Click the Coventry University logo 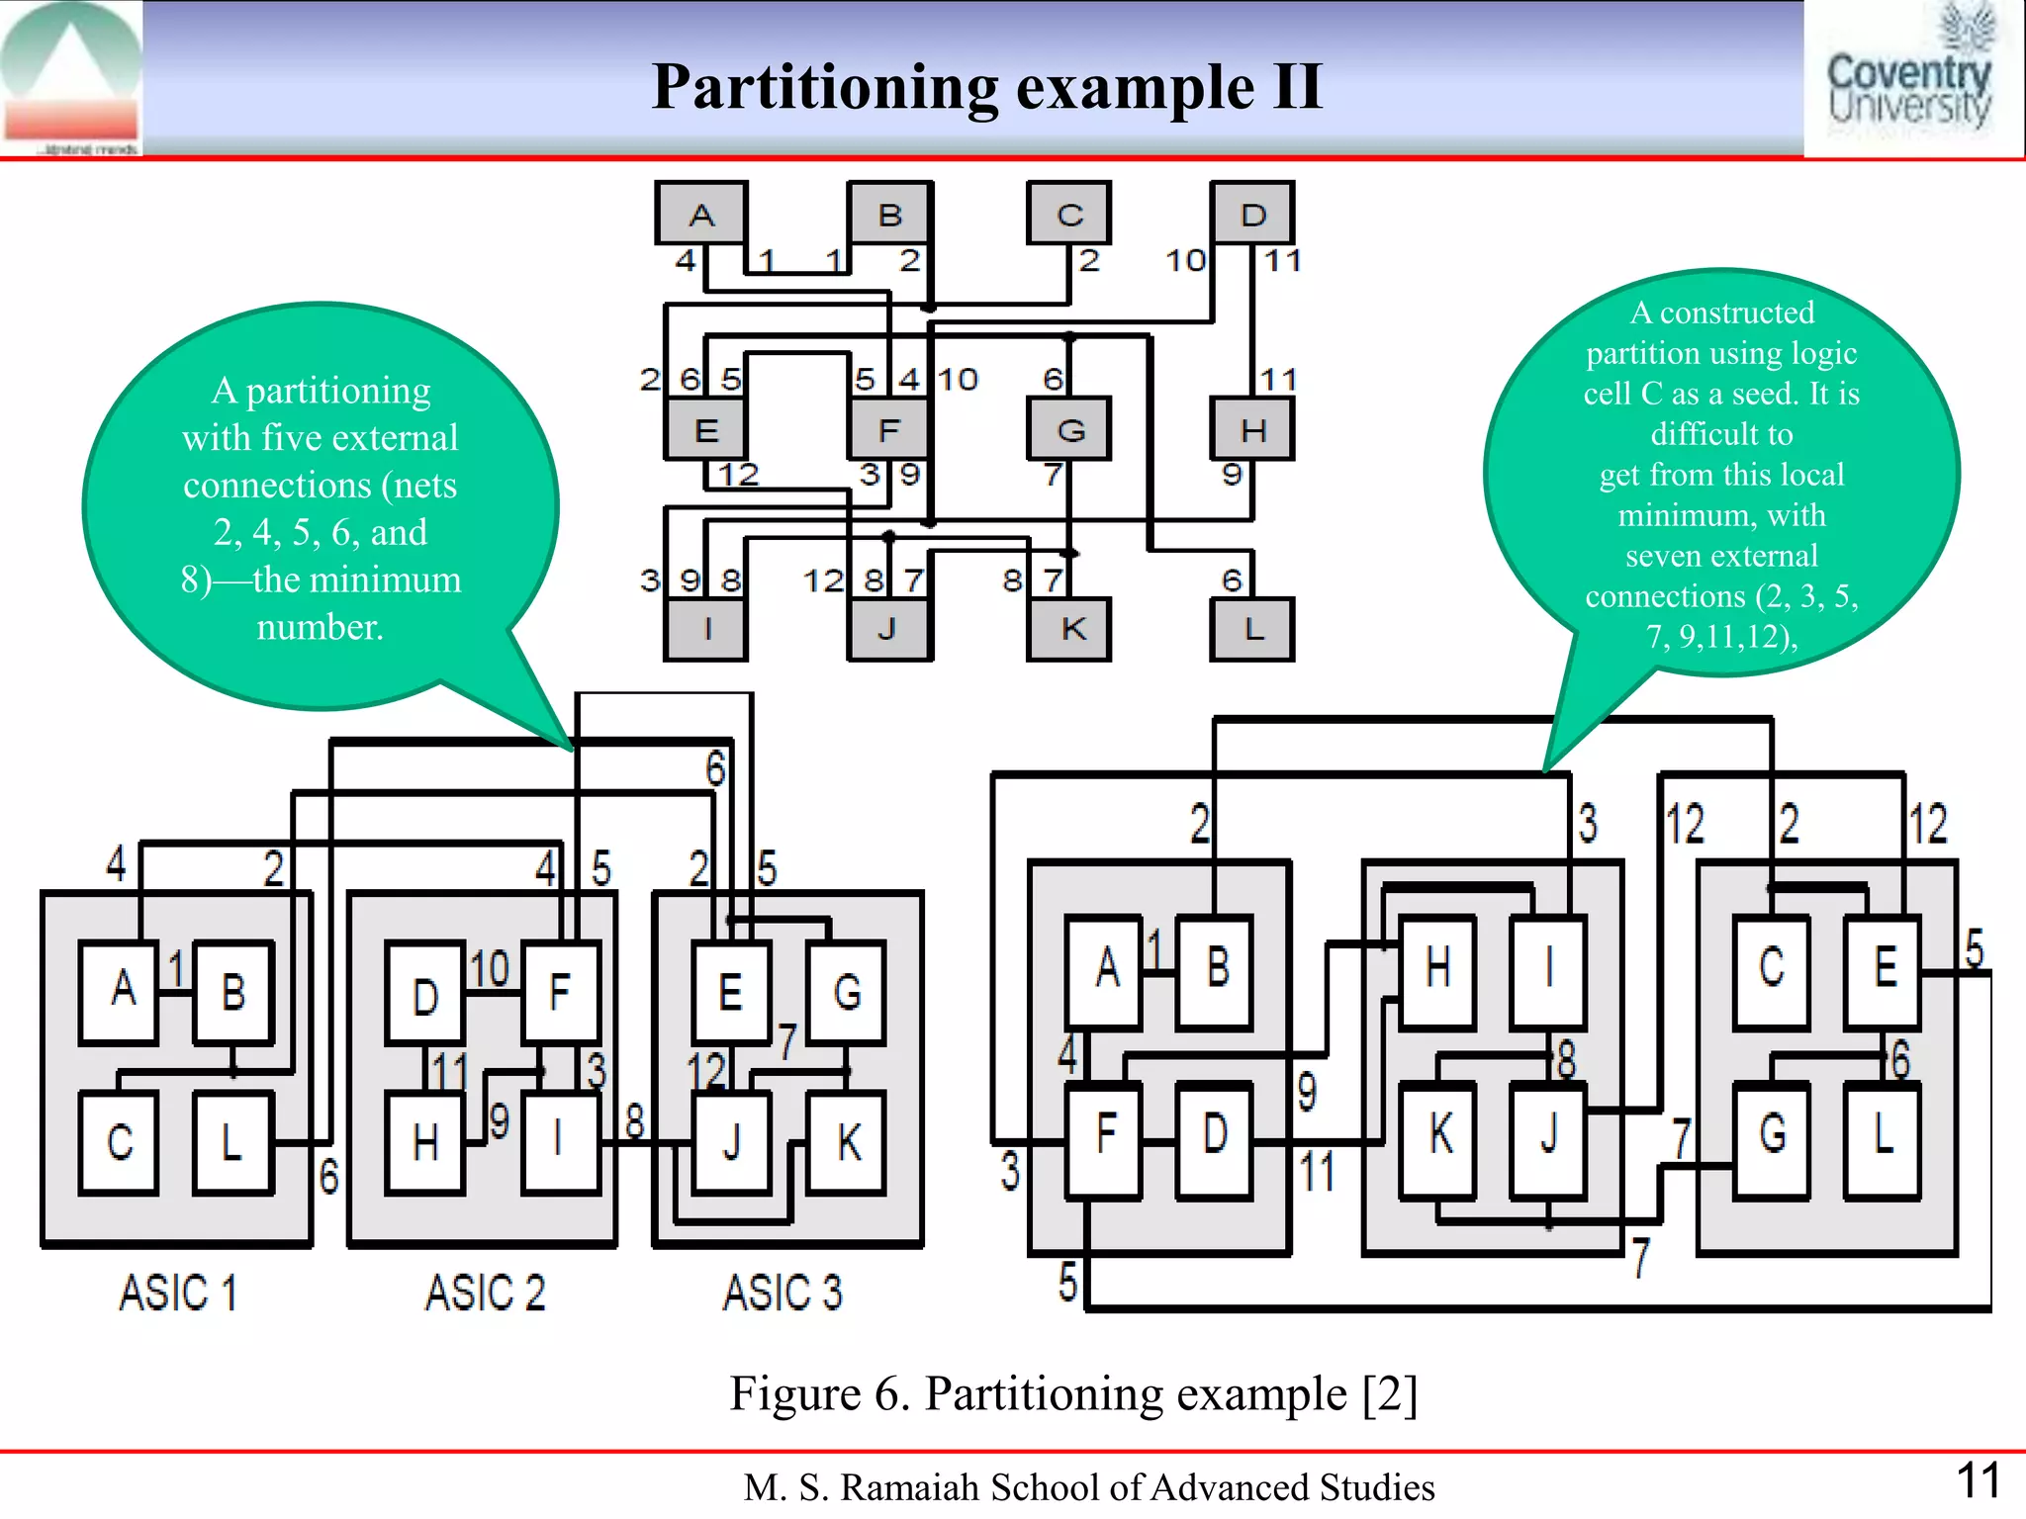click(1909, 79)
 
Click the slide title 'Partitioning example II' click(986, 87)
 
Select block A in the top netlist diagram click(701, 214)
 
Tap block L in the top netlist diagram click(1252, 629)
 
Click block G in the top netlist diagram click(1069, 429)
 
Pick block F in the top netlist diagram click(889, 429)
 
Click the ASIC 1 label click(178, 1293)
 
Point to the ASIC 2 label click(485, 1293)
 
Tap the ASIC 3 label click(782, 1293)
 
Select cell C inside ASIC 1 click(120, 1143)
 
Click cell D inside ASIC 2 click(425, 995)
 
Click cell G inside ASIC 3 click(847, 992)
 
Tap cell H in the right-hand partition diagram click(1437, 969)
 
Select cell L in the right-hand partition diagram click(1883, 1137)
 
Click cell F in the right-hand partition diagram click(1105, 1137)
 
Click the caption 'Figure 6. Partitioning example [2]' click(1073, 1394)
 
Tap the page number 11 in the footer click(1978, 1481)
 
